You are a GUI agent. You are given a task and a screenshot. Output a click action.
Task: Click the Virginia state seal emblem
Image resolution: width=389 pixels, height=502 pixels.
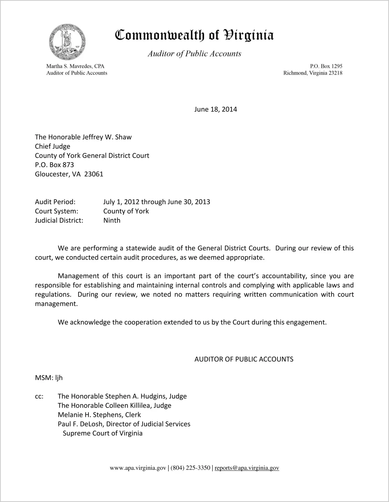point(67,42)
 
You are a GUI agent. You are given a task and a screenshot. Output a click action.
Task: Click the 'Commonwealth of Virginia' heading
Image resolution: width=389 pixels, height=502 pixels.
point(194,35)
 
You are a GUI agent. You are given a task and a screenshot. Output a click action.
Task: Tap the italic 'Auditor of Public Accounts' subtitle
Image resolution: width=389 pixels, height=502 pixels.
point(194,54)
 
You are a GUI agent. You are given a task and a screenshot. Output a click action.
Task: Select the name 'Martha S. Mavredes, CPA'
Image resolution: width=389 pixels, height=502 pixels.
point(75,66)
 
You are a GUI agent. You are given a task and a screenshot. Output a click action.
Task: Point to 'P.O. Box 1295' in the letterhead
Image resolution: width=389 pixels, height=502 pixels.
point(326,66)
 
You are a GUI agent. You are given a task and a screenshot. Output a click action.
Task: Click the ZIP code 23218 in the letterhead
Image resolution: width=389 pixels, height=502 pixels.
point(335,73)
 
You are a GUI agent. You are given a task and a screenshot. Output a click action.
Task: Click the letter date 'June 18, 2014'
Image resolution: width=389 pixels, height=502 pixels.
point(216,109)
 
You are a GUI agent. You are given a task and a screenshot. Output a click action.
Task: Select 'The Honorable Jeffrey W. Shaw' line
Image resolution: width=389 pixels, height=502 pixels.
point(83,137)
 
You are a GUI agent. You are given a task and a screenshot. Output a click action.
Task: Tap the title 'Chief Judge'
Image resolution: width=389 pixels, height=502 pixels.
point(53,146)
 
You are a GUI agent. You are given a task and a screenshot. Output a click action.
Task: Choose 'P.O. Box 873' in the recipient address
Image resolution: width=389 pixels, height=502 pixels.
point(54,165)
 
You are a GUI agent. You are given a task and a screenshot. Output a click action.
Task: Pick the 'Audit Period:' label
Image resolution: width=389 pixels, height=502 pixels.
point(55,202)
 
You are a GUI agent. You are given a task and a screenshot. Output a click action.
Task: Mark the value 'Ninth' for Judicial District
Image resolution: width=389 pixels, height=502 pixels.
point(112,220)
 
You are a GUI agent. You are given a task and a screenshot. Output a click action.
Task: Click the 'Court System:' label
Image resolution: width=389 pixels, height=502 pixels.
point(57,211)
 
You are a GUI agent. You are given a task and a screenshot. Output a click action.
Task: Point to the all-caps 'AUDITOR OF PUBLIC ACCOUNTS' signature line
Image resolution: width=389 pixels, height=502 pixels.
point(244,359)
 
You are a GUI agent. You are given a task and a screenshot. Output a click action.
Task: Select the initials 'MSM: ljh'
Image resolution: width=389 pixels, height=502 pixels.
point(49,378)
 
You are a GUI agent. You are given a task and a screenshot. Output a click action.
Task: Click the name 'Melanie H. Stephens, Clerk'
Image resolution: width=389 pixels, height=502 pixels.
point(99,415)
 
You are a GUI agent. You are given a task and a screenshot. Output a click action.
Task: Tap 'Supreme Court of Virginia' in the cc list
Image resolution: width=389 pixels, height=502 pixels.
point(103,433)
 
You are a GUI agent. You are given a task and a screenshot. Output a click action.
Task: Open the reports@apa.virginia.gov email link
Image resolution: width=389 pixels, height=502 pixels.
point(247,468)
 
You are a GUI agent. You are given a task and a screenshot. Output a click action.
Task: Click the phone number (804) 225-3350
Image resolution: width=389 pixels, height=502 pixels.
point(190,468)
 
